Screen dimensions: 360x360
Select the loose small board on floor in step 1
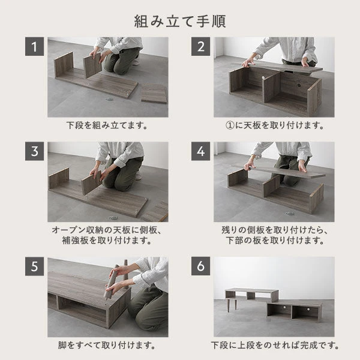154,92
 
